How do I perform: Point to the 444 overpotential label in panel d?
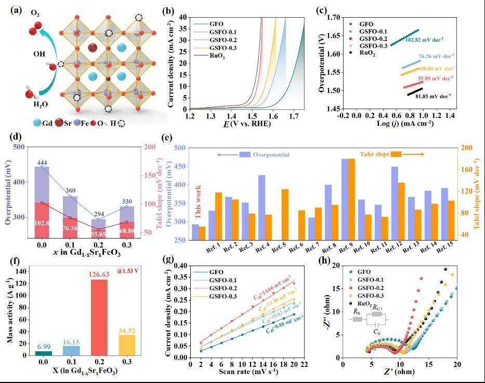point(42,163)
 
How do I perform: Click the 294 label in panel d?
point(98,214)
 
